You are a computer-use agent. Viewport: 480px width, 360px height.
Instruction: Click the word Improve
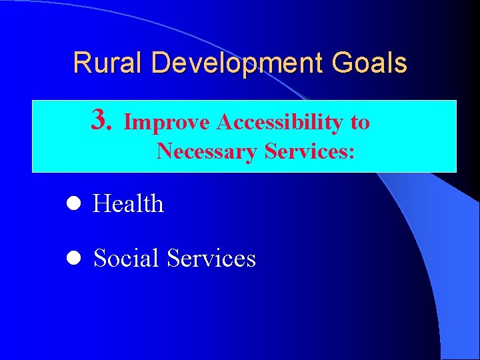(168, 123)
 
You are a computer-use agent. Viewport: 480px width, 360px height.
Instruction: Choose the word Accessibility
(281, 123)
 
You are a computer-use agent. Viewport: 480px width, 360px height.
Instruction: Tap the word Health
(129, 204)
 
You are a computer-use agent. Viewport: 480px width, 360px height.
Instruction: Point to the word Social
(127, 258)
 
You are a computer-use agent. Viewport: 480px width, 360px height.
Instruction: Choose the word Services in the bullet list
(212, 258)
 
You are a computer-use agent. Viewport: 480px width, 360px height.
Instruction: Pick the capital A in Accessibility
(224, 123)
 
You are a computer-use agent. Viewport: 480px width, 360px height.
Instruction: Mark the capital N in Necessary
(164, 152)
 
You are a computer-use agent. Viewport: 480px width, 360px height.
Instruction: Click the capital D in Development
(160, 63)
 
